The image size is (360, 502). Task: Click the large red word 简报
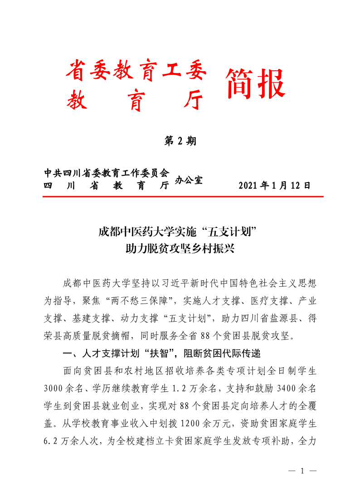click(x=255, y=84)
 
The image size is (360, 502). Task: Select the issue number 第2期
click(x=180, y=141)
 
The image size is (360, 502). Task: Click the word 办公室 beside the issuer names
click(x=189, y=180)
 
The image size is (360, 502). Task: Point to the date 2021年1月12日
click(x=274, y=186)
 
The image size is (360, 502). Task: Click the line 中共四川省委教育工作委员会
click(x=107, y=173)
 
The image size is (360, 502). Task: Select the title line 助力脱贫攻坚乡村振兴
click(x=180, y=248)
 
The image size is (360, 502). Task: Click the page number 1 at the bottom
click(x=302, y=471)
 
